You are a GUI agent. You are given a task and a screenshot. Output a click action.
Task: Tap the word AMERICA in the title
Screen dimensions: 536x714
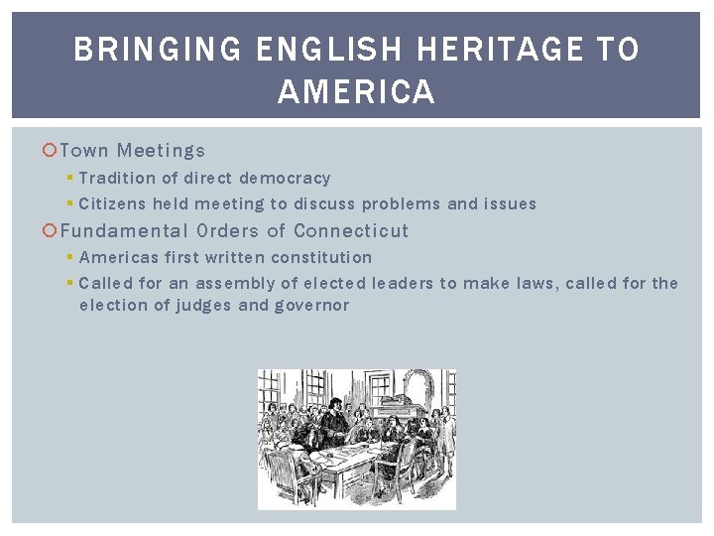[x=357, y=92]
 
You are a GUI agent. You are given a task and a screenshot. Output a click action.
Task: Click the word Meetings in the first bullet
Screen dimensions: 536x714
[x=161, y=151]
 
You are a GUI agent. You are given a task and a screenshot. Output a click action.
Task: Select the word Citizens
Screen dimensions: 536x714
[x=112, y=204]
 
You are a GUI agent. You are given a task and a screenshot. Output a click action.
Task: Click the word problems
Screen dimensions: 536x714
[x=402, y=204]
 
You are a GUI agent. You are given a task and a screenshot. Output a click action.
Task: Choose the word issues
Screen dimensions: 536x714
[x=510, y=204]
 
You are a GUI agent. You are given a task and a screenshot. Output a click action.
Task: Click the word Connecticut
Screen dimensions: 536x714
[x=351, y=231]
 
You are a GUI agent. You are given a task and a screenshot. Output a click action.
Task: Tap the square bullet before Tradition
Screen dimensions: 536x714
[x=69, y=179]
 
